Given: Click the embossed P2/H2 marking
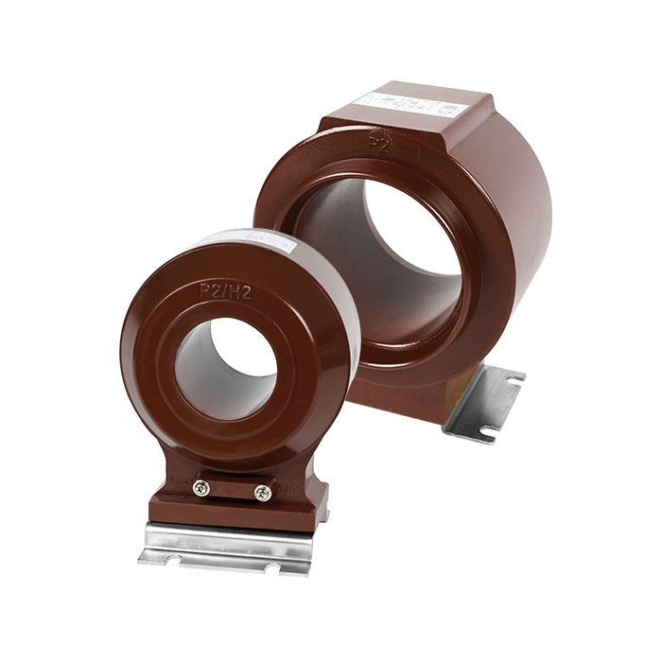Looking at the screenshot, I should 225,288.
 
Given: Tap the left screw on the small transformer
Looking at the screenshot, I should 200,488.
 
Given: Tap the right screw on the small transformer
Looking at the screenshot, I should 263,493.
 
